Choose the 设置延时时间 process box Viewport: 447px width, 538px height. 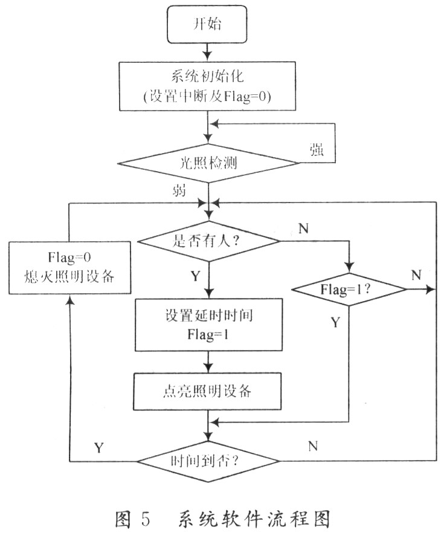coord(208,325)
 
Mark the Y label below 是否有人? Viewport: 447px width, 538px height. coord(195,277)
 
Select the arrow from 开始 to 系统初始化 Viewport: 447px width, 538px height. coord(208,49)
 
